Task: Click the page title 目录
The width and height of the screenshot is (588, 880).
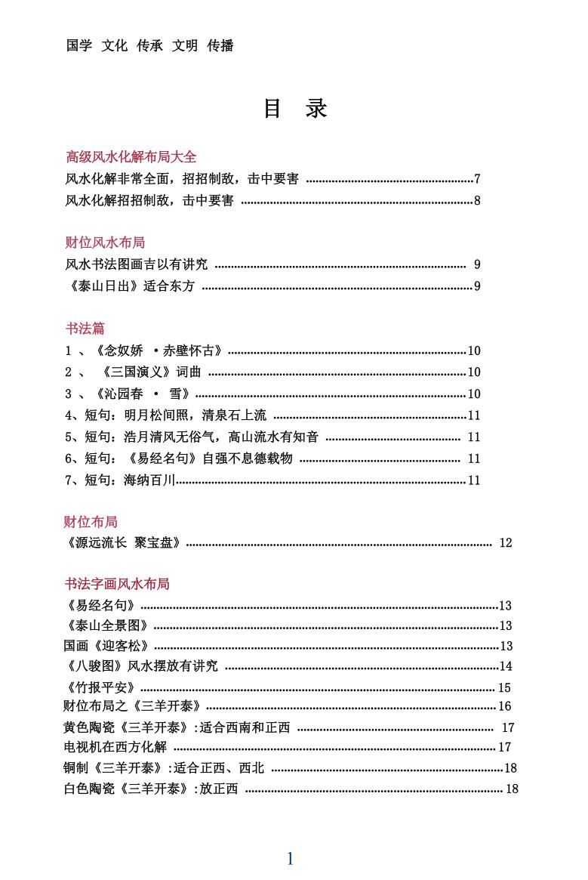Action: [294, 109]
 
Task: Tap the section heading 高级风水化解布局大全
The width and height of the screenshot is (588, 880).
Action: [131, 157]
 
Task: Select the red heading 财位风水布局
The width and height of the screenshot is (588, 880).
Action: [105, 242]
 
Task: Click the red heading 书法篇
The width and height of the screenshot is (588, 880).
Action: [85, 329]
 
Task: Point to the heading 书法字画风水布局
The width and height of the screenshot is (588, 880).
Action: [116, 584]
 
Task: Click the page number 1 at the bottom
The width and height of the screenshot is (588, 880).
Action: [290, 858]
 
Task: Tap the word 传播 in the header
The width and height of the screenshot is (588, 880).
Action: [220, 46]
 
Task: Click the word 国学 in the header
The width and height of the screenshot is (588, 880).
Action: [79, 46]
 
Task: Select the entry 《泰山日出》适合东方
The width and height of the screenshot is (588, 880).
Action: [131, 286]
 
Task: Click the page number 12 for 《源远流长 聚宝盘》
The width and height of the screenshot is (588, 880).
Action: [506, 542]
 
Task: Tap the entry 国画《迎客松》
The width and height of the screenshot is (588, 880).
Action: [106, 646]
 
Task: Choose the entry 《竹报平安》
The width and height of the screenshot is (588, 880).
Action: [101, 687]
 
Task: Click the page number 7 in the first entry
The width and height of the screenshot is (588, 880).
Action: [477, 179]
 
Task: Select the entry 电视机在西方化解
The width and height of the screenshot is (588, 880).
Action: [115, 747]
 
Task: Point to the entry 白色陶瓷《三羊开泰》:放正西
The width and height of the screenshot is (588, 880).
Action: [151, 789]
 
